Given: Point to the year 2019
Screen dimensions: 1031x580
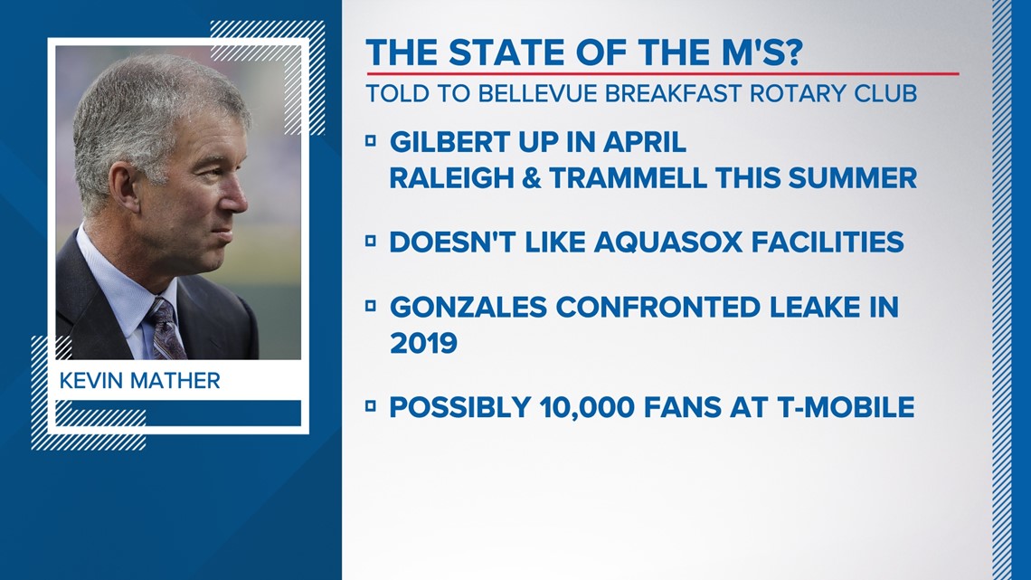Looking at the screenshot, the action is coord(423,343).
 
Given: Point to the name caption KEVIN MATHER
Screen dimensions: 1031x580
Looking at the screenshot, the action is coord(139,381).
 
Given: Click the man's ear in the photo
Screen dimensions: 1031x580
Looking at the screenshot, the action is coord(125,187).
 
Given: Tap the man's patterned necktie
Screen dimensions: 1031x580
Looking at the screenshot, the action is coord(165,328).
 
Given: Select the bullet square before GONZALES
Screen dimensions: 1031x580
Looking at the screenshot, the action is coord(371,306).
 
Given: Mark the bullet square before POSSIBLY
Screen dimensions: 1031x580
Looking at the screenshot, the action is coord(371,406).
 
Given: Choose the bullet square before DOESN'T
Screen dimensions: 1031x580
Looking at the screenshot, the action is coord(371,242).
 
